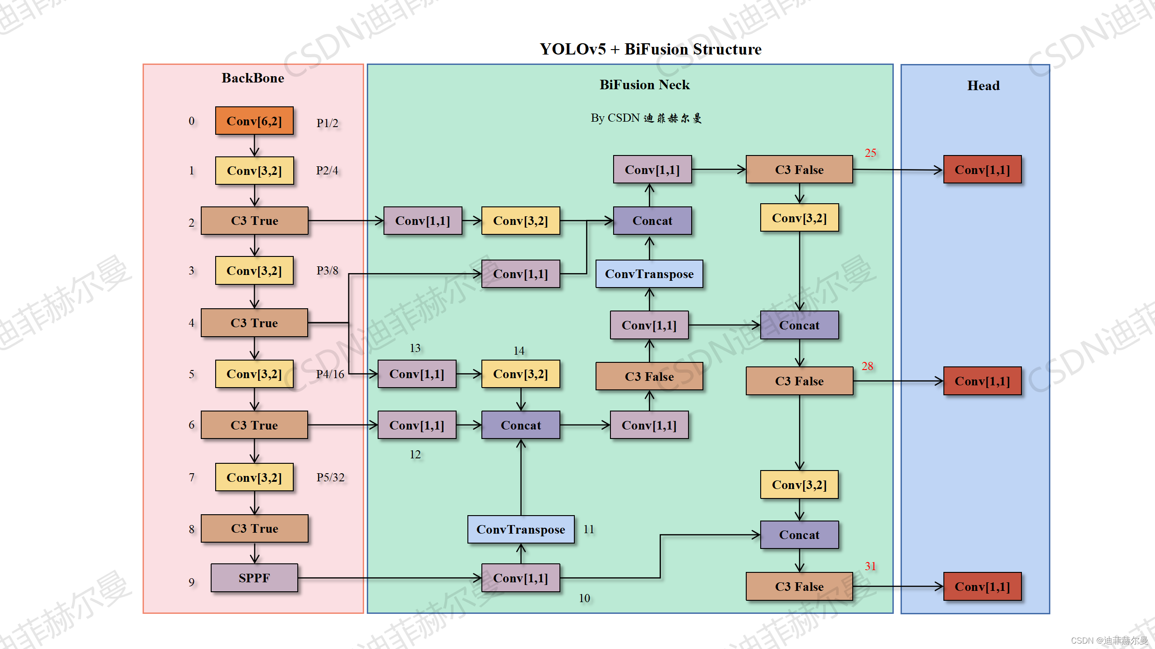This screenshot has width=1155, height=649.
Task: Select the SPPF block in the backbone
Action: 254,578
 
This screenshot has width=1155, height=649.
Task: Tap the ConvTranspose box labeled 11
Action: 521,529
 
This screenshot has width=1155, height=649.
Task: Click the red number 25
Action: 870,153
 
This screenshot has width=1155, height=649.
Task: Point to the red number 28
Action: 867,366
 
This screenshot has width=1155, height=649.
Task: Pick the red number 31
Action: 870,566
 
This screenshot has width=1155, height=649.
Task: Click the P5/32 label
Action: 330,477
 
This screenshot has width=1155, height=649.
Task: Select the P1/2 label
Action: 327,123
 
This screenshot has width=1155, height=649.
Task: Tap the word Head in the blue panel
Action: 983,86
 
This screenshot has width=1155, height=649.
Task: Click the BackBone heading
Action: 253,78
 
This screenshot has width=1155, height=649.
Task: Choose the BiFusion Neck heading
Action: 644,85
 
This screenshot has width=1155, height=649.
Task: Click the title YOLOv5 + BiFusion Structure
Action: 650,49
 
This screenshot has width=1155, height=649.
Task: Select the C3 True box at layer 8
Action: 254,528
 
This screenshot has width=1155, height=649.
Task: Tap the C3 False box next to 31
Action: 799,586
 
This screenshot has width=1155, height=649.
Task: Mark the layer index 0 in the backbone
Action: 192,121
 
